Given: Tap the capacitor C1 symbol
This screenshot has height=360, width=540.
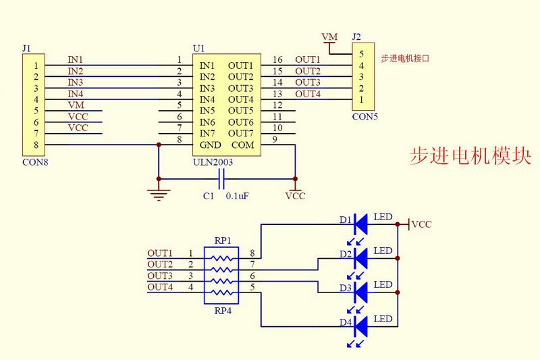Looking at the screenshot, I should tap(221, 179).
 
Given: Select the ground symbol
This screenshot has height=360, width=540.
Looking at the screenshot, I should tap(159, 195).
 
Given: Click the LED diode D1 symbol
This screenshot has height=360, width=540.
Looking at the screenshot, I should tap(359, 222).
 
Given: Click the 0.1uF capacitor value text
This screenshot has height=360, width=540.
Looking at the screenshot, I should tap(238, 196).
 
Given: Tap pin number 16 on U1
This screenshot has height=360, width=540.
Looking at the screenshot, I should tap(277, 60).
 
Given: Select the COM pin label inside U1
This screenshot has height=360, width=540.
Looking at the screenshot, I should tap(243, 145).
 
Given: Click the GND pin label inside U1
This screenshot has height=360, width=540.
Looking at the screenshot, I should tap(210, 145).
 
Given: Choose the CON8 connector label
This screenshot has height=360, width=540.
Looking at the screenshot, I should tap(35, 162).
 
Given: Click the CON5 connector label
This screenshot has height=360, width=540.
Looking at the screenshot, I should tap(365, 116).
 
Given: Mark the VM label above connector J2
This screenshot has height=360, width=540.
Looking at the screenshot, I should tap(329, 36).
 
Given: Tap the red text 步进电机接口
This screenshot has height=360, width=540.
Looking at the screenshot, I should tap(405, 59).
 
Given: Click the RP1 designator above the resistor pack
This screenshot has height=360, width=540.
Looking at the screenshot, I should tap(223, 240).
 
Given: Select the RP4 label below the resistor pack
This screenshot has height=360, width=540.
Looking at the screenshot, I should tap(223, 311).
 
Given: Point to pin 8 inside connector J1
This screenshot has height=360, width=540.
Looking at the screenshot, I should tap(35, 145).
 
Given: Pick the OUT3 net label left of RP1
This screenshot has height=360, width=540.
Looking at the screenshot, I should tap(160, 276).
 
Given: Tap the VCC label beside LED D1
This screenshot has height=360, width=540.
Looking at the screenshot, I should tap(422, 224).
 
